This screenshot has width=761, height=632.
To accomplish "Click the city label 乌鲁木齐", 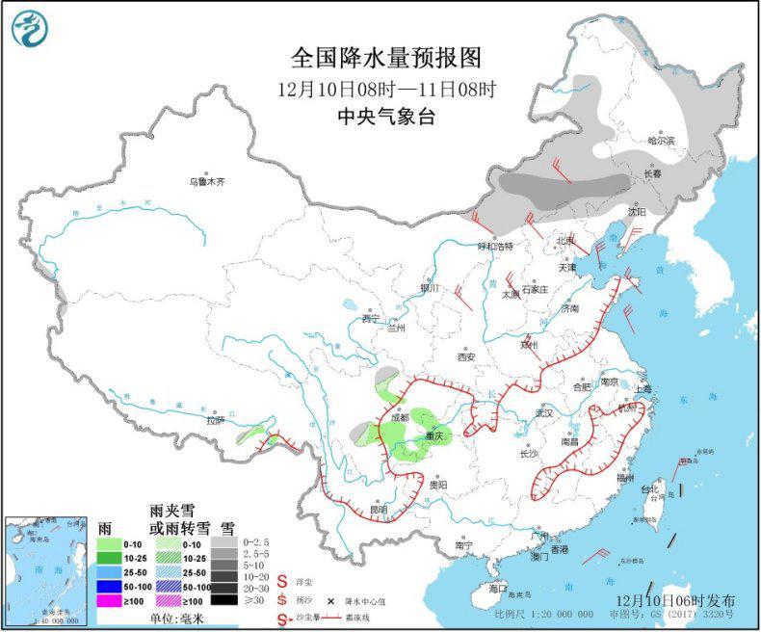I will [206, 181].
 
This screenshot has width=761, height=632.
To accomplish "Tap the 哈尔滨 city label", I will [662, 141].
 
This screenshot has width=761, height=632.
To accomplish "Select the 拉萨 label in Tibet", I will [215, 420].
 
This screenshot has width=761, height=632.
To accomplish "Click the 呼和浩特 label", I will [498, 246].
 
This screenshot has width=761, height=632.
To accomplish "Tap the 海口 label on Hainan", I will [497, 587].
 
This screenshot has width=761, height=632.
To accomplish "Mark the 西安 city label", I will [466, 356].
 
